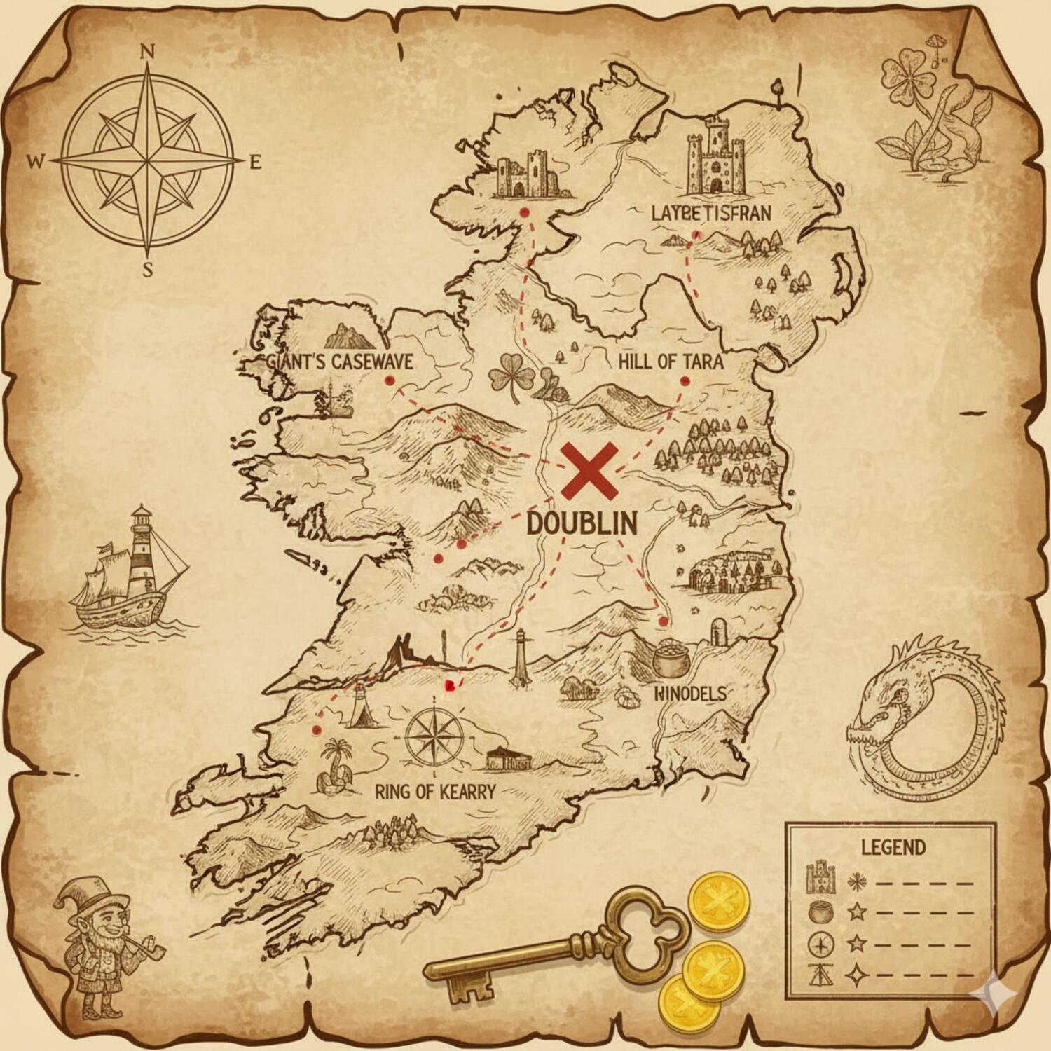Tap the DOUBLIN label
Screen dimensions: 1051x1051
tap(582, 523)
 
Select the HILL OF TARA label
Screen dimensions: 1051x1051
tap(671, 362)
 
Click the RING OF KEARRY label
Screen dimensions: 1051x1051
tap(435, 792)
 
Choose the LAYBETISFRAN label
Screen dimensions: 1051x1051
tap(710, 213)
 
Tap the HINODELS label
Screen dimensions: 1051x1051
tap(690, 694)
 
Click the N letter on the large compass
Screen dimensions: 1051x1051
tap(147, 50)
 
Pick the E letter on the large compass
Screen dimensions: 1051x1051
tap(255, 163)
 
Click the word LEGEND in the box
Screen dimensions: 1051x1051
tap(893, 847)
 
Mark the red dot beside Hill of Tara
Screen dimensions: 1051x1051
tap(685, 381)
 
